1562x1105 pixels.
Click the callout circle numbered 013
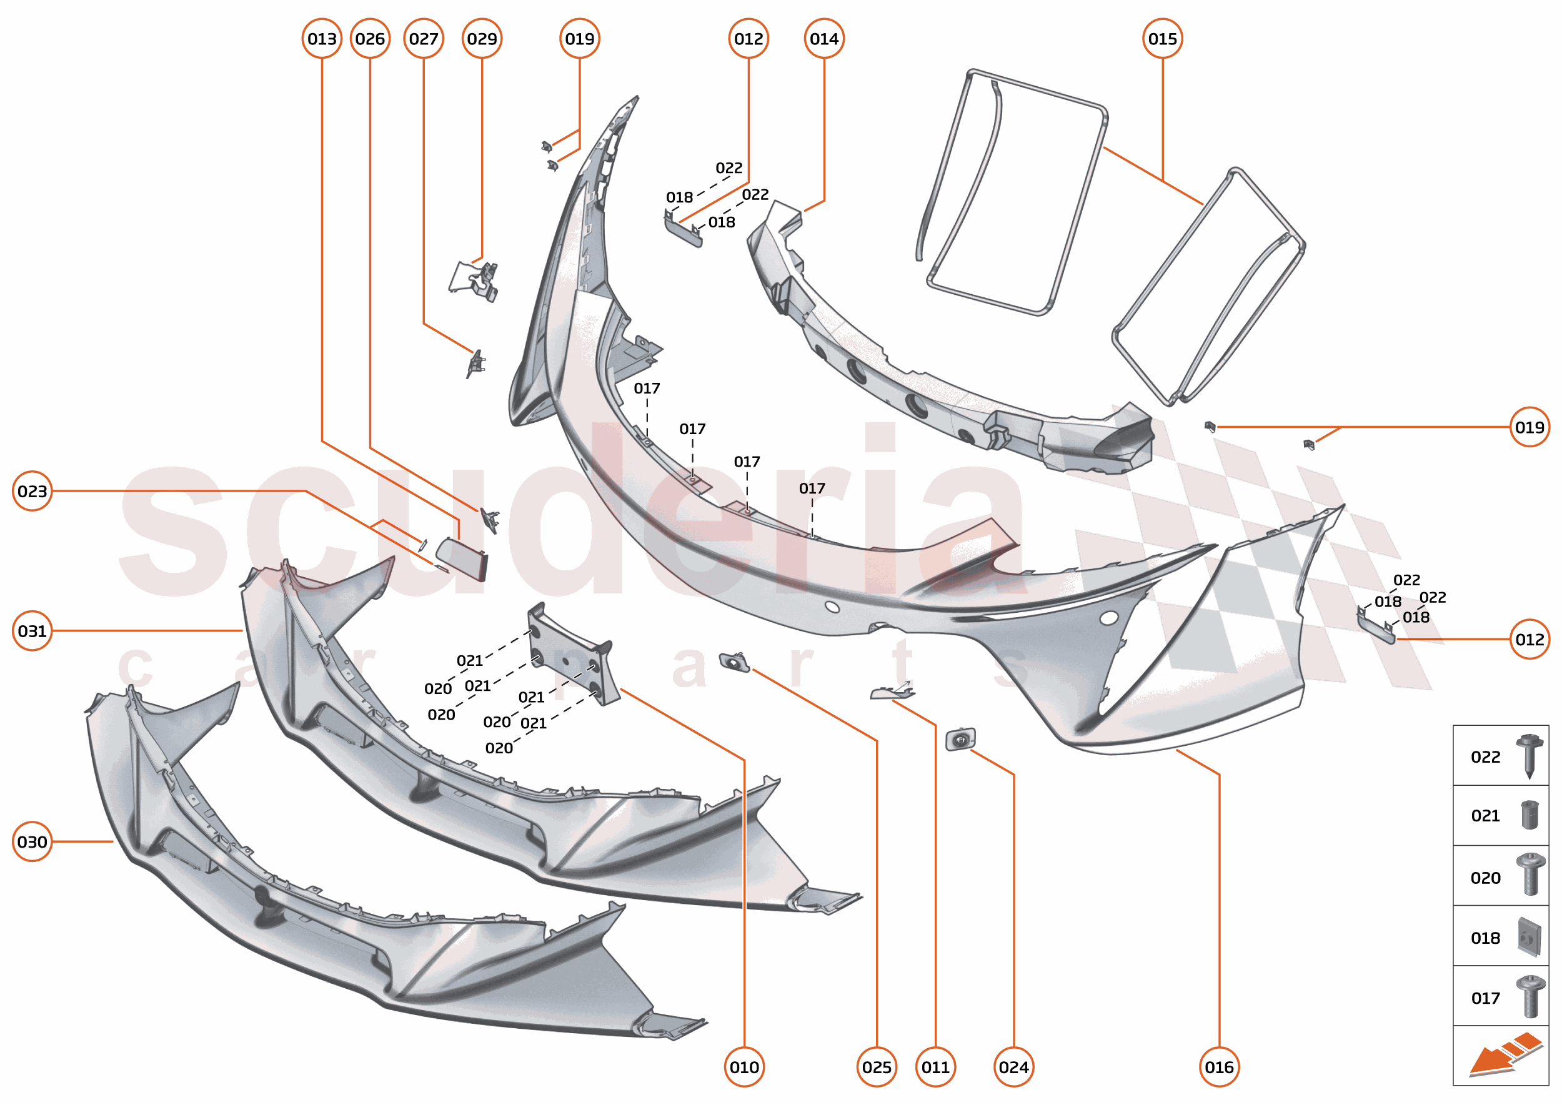coord(322,39)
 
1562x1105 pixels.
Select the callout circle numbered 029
coord(482,39)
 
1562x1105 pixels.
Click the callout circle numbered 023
coord(32,491)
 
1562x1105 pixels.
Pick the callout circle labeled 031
coord(32,631)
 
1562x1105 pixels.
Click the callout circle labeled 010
coord(744,1067)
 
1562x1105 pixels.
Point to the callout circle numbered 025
coord(876,1067)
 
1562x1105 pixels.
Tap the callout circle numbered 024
coord(1013,1067)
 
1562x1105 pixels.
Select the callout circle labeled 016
coord(1219,1067)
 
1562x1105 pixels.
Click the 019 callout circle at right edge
coord(1530,427)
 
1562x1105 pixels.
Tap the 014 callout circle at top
coord(823,39)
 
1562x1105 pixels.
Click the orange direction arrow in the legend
coord(1504,1057)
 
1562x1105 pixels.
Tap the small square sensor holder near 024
coord(960,740)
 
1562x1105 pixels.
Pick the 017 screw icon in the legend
coord(1530,997)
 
